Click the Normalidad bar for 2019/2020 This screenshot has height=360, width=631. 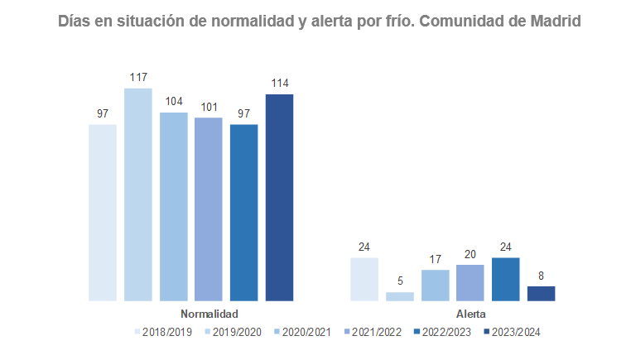pos(138,194)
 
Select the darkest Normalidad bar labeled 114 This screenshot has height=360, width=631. pos(279,198)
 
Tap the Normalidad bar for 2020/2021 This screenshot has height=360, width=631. pos(174,207)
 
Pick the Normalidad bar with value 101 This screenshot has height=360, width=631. pos(209,209)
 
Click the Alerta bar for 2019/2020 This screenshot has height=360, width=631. pos(400,296)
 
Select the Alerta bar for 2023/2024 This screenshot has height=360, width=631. pos(541,293)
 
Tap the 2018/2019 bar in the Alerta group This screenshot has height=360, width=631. pos(364,279)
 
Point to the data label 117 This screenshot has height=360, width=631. pos(138,78)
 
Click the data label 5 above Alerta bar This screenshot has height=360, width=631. pos(400,281)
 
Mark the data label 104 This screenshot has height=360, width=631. pos(174,102)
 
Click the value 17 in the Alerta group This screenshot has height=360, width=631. pos(436,259)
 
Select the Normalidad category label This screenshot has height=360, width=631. pos(210,314)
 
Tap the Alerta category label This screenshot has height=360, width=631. pos(471,314)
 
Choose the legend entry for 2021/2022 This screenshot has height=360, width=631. pos(373,332)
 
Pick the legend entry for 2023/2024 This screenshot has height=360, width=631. pos(513,332)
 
